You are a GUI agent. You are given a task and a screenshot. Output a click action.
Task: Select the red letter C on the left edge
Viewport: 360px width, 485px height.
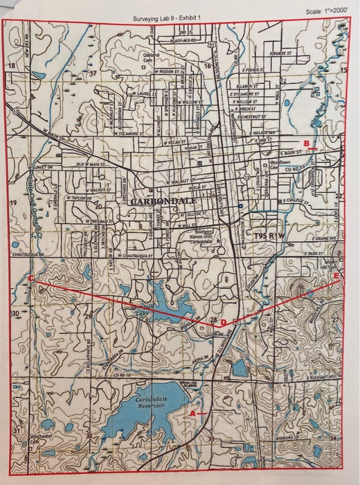pos(31,278)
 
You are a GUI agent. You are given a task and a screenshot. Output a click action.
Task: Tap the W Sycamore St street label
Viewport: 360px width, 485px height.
pos(118,130)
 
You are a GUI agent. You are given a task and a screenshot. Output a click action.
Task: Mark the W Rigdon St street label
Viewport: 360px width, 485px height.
pos(170,71)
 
